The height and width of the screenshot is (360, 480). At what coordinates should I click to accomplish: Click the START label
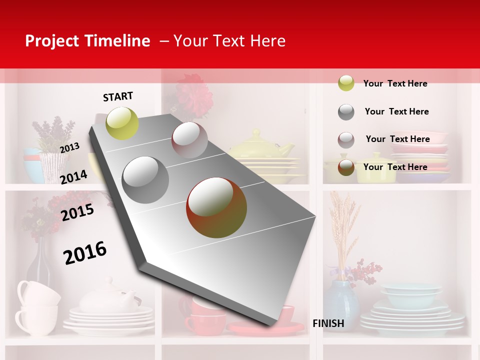coord(118,96)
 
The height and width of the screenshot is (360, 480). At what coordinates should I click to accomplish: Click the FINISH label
coord(328,323)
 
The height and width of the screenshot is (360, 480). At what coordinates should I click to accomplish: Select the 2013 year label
coord(69,147)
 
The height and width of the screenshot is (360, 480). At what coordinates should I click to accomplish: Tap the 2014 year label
coord(73,177)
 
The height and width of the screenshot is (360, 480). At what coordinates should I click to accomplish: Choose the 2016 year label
coord(85,252)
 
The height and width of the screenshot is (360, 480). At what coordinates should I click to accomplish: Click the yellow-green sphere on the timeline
coord(122,123)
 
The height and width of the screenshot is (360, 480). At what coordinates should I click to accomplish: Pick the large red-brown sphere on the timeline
coord(216,207)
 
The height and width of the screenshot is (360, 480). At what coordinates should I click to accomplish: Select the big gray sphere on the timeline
coord(145,180)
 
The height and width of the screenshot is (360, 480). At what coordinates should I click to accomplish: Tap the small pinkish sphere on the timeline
coord(189,140)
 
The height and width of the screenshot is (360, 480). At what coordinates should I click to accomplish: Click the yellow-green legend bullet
coord(346,83)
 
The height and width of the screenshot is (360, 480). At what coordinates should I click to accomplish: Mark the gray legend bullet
coord(346,112)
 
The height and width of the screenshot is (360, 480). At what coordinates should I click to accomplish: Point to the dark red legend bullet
coord(346,167)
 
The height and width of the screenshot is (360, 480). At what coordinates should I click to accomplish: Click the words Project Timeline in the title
coord(87,41)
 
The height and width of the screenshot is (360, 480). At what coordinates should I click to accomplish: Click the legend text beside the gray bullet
coord(396,111)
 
